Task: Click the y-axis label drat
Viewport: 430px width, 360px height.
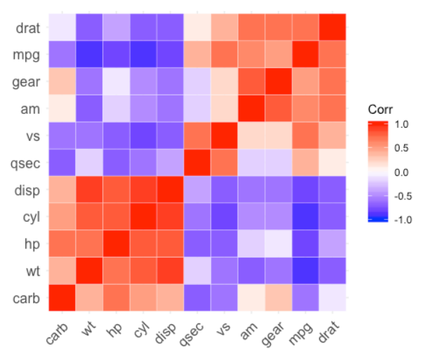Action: coord(28,29)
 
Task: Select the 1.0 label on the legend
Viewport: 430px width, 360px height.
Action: coord(403,124)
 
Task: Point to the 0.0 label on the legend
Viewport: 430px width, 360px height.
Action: coord(403,172)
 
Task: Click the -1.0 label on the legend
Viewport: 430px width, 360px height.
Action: coord(402,220)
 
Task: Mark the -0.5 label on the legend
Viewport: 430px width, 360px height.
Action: coord(402,196)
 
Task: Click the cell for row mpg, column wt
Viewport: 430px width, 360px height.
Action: coord(89,55)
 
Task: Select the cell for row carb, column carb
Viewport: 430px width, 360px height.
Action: coord(62,298)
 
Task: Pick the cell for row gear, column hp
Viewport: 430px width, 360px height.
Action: coord(116,82)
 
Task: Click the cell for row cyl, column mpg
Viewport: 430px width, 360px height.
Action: coord(305,217)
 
